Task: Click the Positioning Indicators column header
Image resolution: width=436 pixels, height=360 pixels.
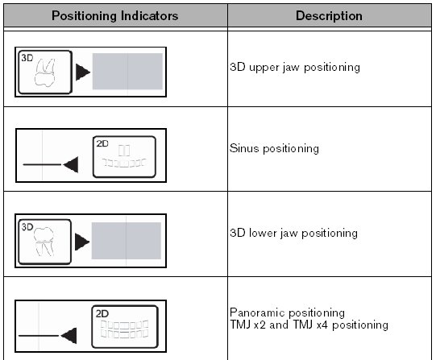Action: point(114,16)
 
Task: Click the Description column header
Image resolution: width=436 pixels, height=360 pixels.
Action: point(329,16)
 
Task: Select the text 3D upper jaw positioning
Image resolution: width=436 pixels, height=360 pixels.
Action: point(295,67)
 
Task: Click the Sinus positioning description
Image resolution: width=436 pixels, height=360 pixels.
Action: point(274,148)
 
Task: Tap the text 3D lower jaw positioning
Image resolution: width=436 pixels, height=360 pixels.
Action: point(293,233)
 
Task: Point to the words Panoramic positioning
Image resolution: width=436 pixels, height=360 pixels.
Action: point(287,312)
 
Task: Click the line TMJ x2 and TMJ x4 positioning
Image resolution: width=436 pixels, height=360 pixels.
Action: point(309,325)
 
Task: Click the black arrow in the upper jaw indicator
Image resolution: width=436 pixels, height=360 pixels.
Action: point(83,72)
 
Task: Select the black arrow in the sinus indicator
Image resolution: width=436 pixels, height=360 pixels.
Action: point(71,164)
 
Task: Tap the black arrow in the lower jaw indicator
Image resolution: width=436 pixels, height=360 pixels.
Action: point(82,242)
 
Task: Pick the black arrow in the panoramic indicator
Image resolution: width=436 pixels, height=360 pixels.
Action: point(69,336)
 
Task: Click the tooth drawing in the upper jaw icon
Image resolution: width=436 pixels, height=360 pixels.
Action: point(45,72)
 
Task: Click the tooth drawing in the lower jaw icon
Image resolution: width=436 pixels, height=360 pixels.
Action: point(44,242)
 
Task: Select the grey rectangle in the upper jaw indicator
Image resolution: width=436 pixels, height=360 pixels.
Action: point(127,72)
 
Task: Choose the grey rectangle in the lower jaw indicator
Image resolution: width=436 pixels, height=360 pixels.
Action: point(127,241)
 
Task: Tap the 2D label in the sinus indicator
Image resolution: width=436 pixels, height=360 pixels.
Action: point(102,143)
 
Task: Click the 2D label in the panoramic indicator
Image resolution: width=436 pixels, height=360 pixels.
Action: point(102,313)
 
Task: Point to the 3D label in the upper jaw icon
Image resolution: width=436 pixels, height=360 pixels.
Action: point(27,58)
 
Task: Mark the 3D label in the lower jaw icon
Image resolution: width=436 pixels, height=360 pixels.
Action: point(27,227)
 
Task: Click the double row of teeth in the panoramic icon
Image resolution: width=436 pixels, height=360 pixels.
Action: point(124,329)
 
